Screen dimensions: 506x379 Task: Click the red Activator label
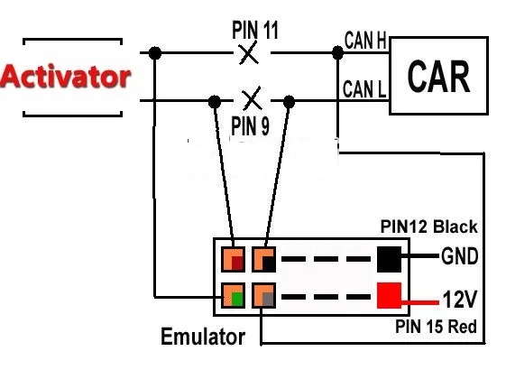[x=66, y=76]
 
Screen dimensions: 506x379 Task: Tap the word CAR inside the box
[x=438, y=77]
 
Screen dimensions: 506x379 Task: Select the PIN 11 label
[x=255, y=30]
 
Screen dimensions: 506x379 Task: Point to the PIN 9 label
[x=251, y=125]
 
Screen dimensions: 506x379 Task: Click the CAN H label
[x=365, y=41]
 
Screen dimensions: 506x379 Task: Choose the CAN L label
[x=364, y=88]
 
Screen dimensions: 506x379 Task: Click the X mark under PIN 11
[x=248, y=53]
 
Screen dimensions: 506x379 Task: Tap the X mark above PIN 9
[x=252, y=98]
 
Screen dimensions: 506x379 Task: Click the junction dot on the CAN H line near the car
[x=338, y=52]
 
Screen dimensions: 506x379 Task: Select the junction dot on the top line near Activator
[x=155, y=53]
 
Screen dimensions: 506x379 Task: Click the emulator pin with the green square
[x=233, y=296]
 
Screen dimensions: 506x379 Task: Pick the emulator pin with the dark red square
[x=233, y=259]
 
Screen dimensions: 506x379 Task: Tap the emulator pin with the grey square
[x=263, y=296]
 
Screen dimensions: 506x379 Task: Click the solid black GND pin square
[x=389, y=259]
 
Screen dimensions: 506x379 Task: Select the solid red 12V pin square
[x=389, y=295]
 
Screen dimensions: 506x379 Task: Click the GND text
[x=459, y=256]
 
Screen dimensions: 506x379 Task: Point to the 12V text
[x=460, y=299]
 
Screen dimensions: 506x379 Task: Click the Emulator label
[x=203, y=337]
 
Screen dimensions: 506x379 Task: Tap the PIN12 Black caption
[x=428, y=226]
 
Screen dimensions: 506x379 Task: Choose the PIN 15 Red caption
[x=436, y=327]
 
